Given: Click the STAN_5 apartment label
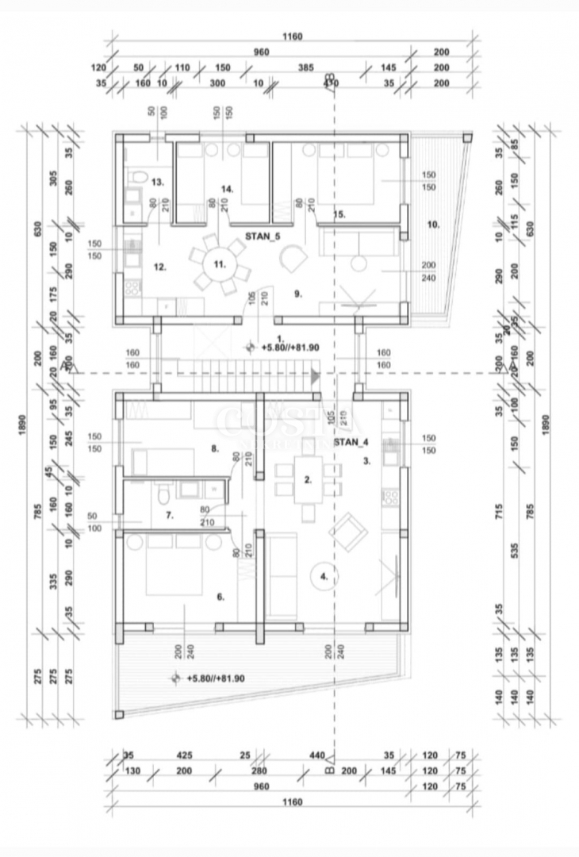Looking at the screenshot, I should pos(263,236).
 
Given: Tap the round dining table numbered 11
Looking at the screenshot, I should pos(217,263).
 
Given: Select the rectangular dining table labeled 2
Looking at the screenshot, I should pos(309,479).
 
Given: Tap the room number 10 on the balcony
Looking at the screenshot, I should pos(433,225).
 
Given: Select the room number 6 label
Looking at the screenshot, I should pos(220,597).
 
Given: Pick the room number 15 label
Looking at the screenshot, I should pos(339,214).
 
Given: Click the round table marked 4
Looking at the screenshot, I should pos(324,577).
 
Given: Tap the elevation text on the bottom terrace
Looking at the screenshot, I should pos(215,678).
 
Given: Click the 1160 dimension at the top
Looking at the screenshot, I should pos(292,37).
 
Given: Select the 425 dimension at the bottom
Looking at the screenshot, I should pos(184,755).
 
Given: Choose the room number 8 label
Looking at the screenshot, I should pos(214,448).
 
